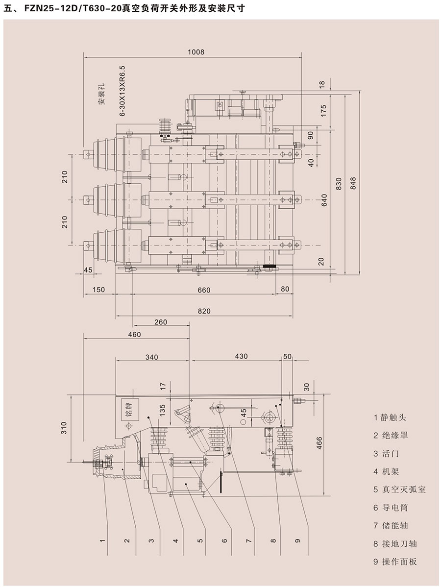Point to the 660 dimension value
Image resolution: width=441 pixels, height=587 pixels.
coord(204,290)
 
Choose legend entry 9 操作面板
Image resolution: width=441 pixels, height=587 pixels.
coord(394,562)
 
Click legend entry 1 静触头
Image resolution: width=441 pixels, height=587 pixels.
coord(390,417)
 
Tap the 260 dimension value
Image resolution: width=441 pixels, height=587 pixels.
coord(160,322)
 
